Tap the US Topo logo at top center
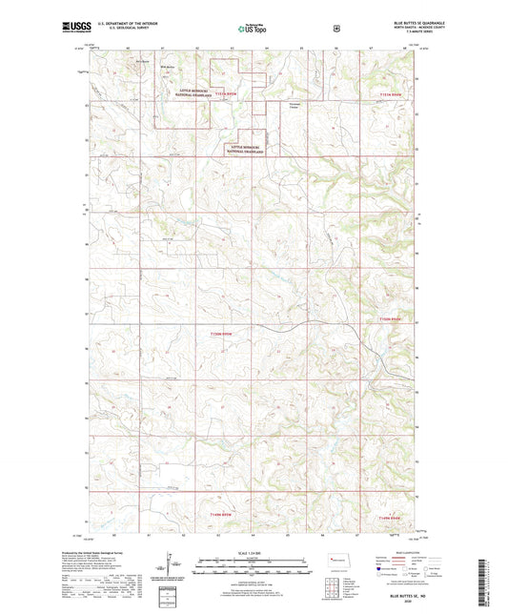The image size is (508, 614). [252, 29]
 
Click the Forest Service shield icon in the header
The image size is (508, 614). [335, 28]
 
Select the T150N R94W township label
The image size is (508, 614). [393, 317]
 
